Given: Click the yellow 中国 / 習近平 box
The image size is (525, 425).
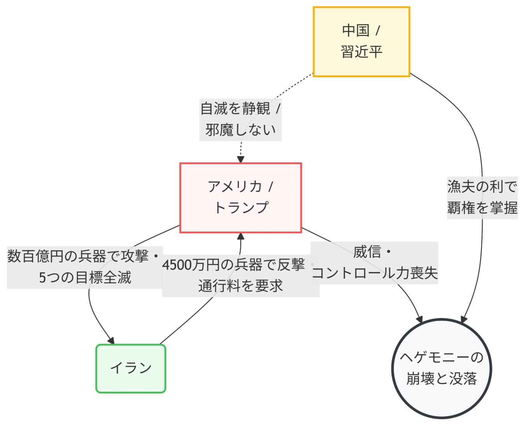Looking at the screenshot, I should pyautogui.click(x=361, y=42).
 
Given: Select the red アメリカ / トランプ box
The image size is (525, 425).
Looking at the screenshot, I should pyautogui.click(x=240, y=198).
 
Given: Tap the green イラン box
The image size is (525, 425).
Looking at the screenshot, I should pyautogui.click(x=131, y=368).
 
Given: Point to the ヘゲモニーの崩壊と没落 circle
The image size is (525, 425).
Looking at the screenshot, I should pyautogui.click(x=441, y=368).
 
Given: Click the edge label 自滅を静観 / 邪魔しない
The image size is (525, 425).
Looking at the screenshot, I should pyautogui.click(x=240, y=119).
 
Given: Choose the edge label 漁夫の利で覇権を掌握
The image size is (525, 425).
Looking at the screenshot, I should pyautogui.click(x=482, y=197).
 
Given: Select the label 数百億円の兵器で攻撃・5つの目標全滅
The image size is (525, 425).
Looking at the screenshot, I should pyautogui.click(x=85, y=267).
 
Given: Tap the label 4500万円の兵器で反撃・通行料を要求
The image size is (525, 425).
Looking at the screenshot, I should pyautogui.click(x=240, y=276).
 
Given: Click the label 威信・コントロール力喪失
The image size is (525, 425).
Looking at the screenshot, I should pyautogui.click(x=374, y=263).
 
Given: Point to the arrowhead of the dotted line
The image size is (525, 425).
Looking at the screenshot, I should pyautogui.click(x=241, y=159).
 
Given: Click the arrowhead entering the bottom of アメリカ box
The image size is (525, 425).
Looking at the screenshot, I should pyautogui.click(x=241, y=236).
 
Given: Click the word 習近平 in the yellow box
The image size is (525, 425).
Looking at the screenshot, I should pyautogui.click(x=361, y=52).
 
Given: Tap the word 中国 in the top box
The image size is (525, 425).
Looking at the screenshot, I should pyautogui.click(x=355, y=30).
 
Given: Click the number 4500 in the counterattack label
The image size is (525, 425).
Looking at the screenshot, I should pyautogui.click(x=177, y=265).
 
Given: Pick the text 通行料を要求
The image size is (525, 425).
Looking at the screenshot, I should pyautogui.click(x=240, y=286).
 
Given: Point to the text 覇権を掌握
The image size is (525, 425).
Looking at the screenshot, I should pyautogui.click(x=482, y=208).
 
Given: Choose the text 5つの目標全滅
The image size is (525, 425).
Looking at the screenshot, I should pyautogui.click(x=85, y=278).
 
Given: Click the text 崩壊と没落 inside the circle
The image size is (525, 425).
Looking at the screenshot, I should pyautogui.click(x=441, y=379).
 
